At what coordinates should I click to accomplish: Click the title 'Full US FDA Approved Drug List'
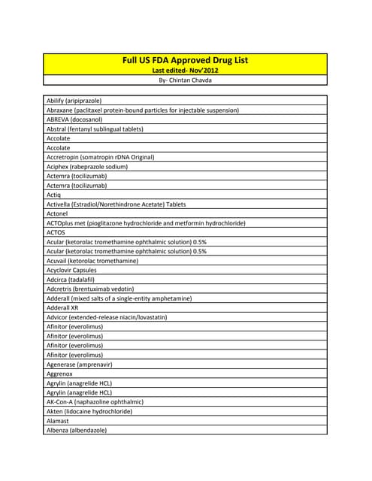pyautogui.click(x=185, y=59)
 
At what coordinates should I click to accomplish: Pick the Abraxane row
pyautogui.click(x=143, y=110)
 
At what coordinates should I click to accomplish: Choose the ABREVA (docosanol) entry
pyautogui.click(x=74, y=119)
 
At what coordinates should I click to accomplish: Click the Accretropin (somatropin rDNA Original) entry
pyautogui.click(x=100, y=157)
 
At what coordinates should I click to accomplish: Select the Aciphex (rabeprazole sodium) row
pyautogui.click(x=87, y=166)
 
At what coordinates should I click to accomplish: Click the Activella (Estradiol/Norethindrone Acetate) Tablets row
pyautogui.click(x=116, y=204)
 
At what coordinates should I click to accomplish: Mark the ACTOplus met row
pyautogui.click(x=146, y=223)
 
